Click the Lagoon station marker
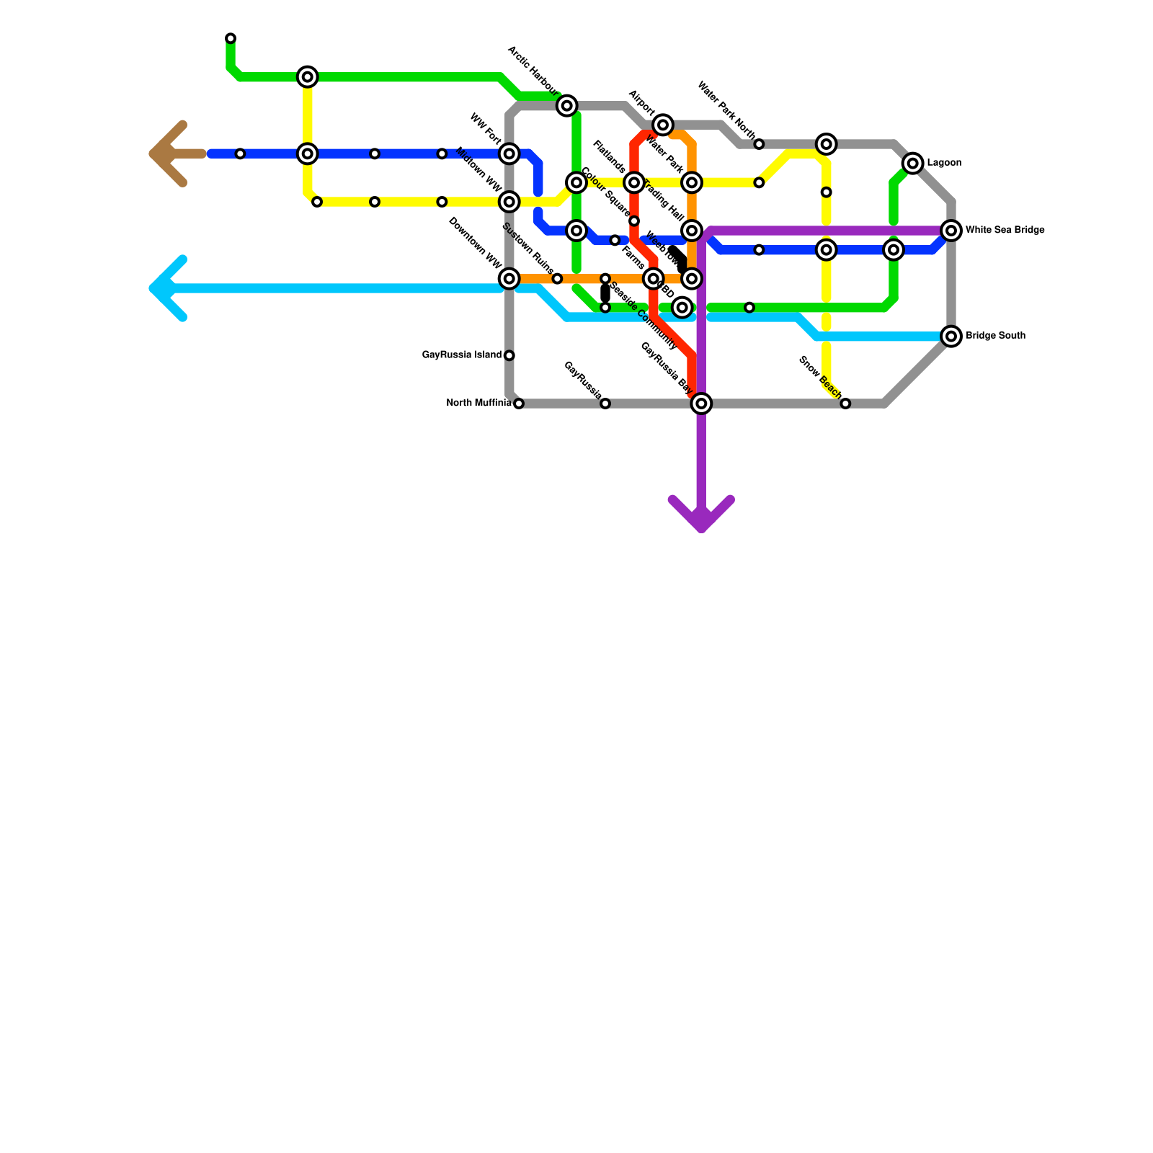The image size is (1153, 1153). [x=913, y=164]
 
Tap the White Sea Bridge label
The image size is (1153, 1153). [x=1005, y=231]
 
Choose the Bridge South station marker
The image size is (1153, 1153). [x=952, y=337]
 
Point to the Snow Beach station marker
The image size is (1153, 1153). [x=845, y=404]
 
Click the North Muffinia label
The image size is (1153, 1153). [x=478, y=403]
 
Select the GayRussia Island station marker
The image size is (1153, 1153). [x=509, y=355]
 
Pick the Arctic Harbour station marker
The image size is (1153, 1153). [x=567, y=106]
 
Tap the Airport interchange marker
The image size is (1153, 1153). [x=664, y=125]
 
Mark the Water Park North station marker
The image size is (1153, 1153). [x=759, y=144]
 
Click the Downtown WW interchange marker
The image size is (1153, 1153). [x=509, y=278]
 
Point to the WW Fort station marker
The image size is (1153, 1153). [x=509, y=153]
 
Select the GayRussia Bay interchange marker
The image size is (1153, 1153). [x=702, y=404]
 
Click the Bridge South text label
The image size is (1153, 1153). [x=995, y=336]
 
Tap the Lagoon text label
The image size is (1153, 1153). [x=944, y=163]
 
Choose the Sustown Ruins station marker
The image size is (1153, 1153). [x=557, y=278]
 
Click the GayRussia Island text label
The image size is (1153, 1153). [x=461, y=355]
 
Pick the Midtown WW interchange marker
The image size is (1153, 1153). [x=509, y=202]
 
